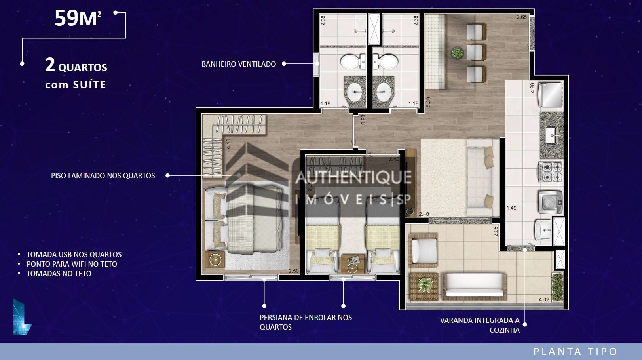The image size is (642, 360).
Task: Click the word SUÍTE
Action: point(89,85)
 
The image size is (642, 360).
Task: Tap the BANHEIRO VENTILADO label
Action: point(239,64)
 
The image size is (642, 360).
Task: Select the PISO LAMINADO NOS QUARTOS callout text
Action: point(103,175)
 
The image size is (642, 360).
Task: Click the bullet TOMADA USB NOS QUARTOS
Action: point(74,254)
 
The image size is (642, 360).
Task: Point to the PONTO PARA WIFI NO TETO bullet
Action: point(72,264)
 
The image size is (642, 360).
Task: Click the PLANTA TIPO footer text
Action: point(575,351)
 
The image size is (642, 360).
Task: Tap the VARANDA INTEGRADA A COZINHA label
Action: point(480,325)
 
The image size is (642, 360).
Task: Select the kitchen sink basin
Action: point(551,135)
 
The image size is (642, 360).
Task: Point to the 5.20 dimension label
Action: point(428,102)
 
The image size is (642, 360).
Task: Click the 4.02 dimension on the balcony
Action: point(544,299)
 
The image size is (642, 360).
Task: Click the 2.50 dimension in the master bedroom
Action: point(293,271)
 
